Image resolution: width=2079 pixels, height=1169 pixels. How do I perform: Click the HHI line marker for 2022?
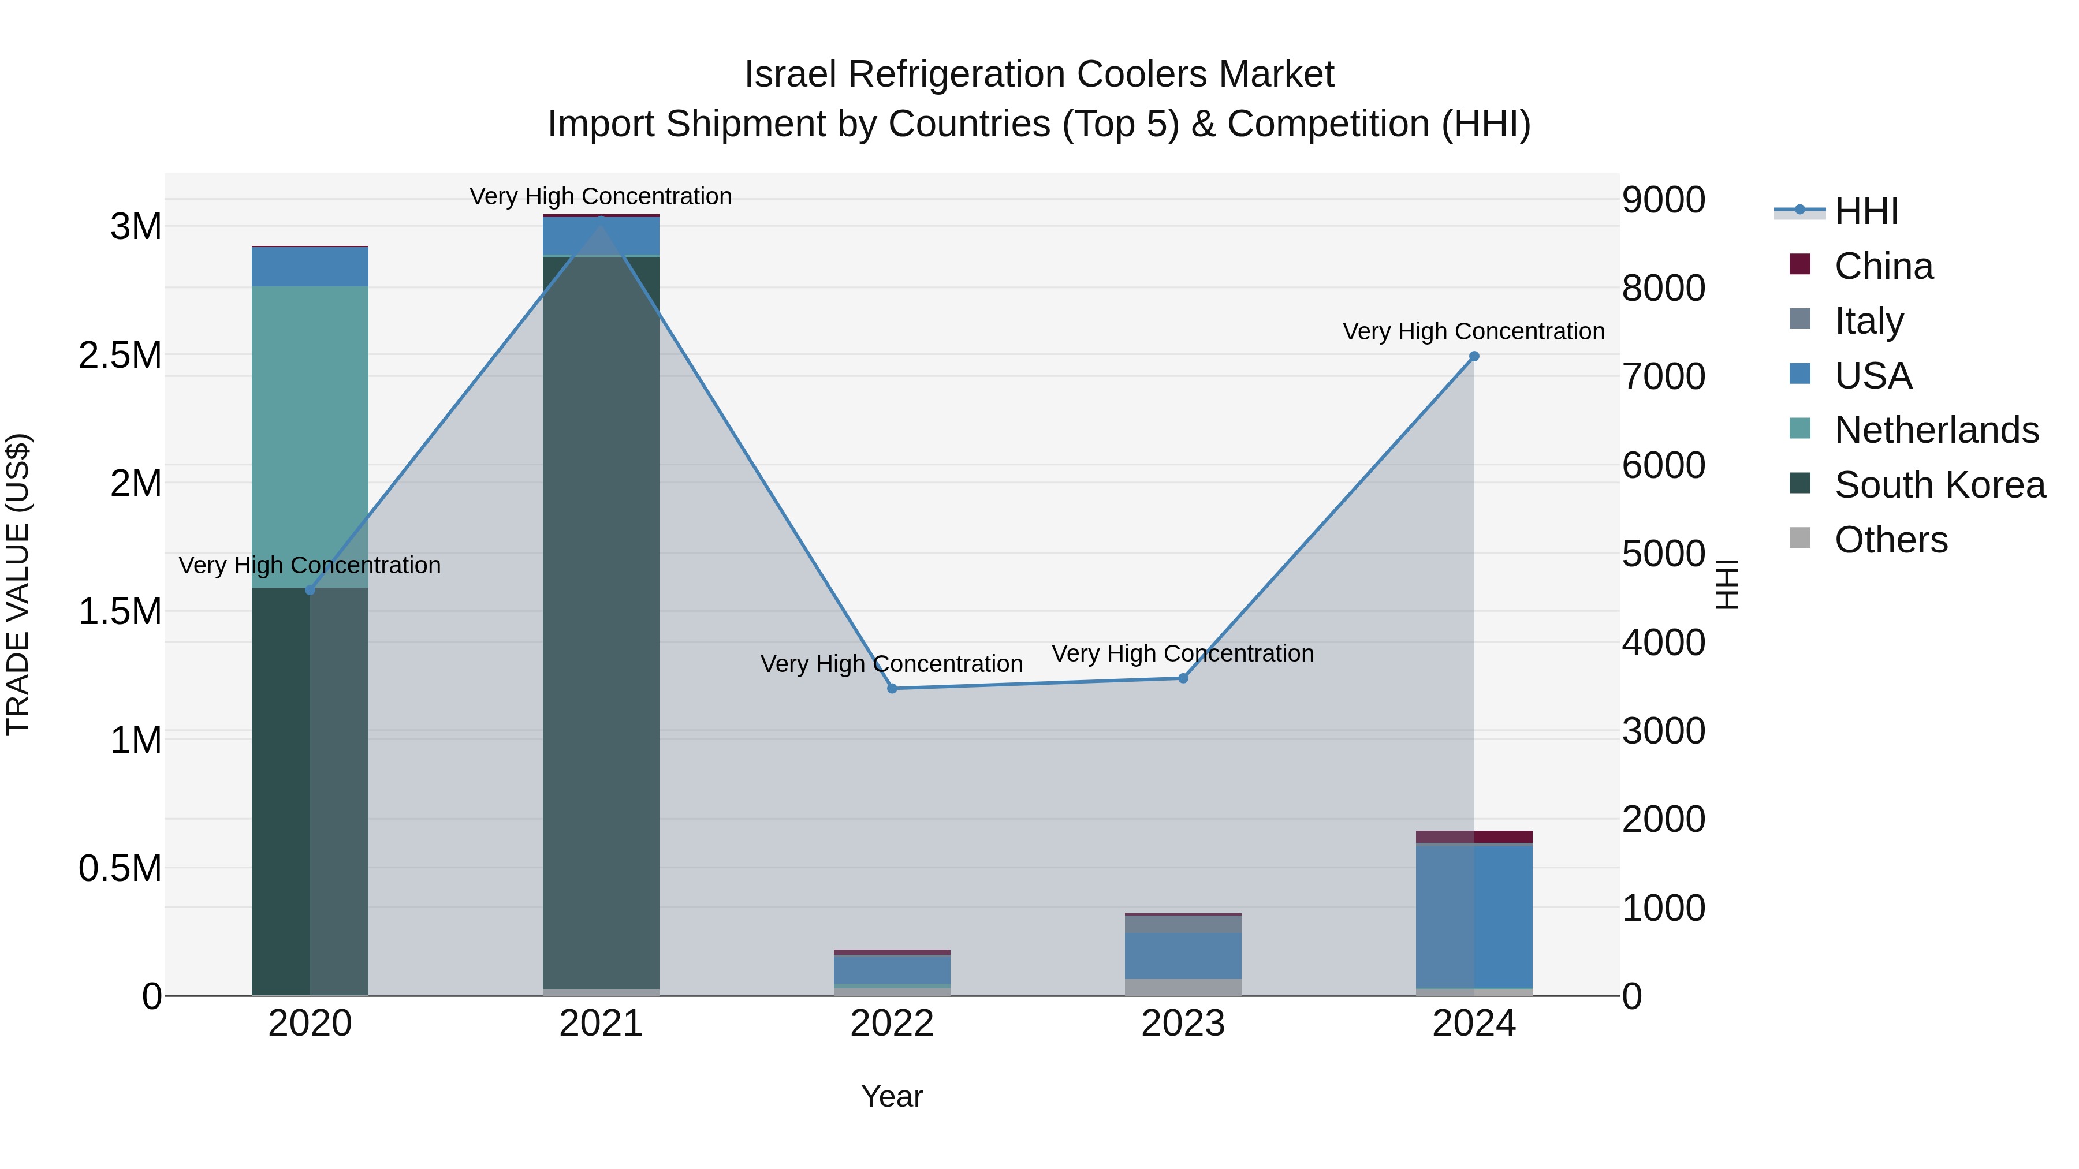pyautogui.click(x=892, y=688)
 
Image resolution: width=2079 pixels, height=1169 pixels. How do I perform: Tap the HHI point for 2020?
pyautogui.click(x=310, y=590)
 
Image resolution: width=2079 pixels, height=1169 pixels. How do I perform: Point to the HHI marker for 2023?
pyautogui.click(x=1183, y=678)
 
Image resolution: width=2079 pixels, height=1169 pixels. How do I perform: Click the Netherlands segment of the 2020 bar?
pyautogui.click(x=310, y=436)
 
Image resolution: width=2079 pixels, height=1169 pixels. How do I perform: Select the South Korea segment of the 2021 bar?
pyautogui.click(x=601, y=621)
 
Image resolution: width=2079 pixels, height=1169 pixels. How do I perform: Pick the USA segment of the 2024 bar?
pyautogui.click(x=1474, y=916)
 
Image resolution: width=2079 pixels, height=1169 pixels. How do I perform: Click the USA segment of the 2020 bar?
pyautogui.click(x=310, y=266)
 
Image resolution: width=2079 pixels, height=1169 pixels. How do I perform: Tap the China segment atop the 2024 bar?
pyautogui.click(x=1474, y=836)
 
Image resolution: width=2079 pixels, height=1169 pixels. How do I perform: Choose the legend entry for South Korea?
pyautogui.click(x=1939, y=485)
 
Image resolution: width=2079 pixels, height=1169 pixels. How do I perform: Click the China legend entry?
pyautogui.click(x=1884, y=266)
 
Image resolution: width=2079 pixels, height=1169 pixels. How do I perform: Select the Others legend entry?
pyautogui.click(x=1890, y=540)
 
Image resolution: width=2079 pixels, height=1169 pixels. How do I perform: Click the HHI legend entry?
pyautogui.click(x=1866, y=211)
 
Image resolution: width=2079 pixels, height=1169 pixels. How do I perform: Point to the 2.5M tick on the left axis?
pyautogui.click(x=120, y=355)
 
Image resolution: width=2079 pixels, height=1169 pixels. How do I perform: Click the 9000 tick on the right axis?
pyautogui.click(x=1663, y=200)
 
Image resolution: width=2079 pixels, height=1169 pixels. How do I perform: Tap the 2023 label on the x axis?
pyautogui.click(x=1183, y=1024)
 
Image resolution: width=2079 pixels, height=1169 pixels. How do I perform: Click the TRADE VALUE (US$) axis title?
pyautogui.click(x=18, y=584)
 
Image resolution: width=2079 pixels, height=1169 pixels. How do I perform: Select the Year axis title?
pyautogui.click(x=892, y=1096)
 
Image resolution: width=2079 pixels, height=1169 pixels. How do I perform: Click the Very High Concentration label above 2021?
pyautogui.click(x=601, y=196)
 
